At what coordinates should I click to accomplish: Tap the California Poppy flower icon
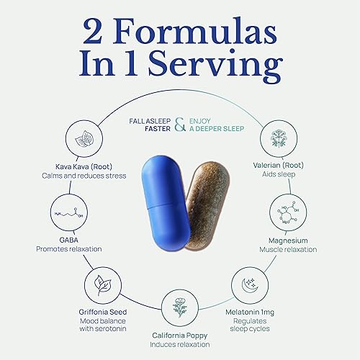[180, 307]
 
